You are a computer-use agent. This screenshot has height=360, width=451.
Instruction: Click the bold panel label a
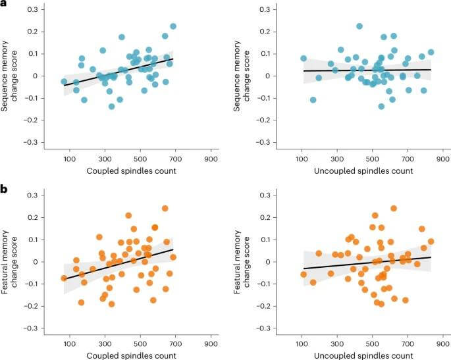coord(4,5)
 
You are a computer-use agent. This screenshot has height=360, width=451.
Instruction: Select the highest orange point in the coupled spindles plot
coord(165,209)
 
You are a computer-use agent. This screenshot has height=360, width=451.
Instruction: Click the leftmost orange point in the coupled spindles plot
coord(64,278)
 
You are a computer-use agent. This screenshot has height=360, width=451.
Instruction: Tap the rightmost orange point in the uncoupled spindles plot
coord(431,242)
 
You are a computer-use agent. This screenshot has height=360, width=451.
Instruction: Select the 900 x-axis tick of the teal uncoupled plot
coord(442,159)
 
